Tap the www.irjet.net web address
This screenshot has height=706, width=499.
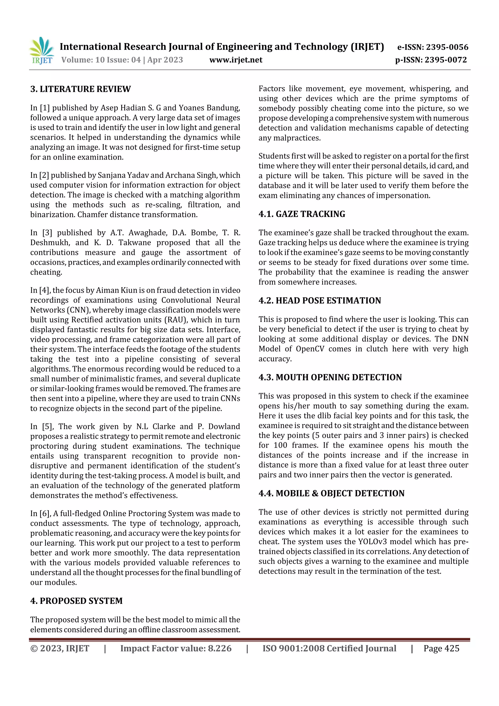coord(236,60)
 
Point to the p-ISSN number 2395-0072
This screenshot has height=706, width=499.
coord(445,60)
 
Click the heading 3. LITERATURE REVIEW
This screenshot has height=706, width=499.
coord(81,89)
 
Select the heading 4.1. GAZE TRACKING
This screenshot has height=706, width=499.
coord(302,214)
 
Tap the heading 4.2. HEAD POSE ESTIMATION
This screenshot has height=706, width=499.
coord(319,300)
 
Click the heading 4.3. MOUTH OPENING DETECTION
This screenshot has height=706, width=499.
coord(330,377)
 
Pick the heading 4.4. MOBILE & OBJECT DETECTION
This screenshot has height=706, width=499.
coord(331,493)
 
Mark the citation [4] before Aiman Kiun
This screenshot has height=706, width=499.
coord(45,290)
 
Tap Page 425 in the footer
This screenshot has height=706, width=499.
coord(441,648)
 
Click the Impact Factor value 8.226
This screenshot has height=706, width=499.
coord(220,648)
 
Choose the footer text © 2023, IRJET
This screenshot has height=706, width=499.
coord(60,648)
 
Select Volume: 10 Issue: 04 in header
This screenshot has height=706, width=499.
coord(101,60)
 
